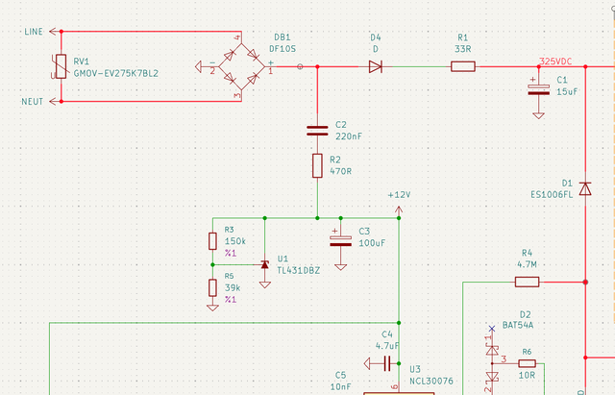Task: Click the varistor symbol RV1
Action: coord(61,66)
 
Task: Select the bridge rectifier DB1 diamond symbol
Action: coord(241,66)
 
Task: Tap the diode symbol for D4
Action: coord(376,66)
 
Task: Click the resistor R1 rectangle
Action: coord(463,66)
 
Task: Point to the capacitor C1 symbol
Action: coord(538,89)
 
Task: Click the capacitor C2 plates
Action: coord(317,131)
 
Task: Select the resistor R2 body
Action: coord(317,165)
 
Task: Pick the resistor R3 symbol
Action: coord(212,241)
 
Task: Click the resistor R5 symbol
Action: coord(212,287)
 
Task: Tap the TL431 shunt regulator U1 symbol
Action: coord(265,265)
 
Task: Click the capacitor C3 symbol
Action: coord(340,241)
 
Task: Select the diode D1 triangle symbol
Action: coord(585,188)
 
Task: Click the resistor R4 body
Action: coord(527,282)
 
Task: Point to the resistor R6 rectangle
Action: coord(527,363)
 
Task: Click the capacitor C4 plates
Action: coord(386,363)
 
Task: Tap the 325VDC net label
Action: coord(555,62)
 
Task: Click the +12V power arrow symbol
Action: coord(399,211)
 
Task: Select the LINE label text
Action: coord(34,32)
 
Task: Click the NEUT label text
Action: coord(32,102)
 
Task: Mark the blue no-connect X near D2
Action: coord(492,329)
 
